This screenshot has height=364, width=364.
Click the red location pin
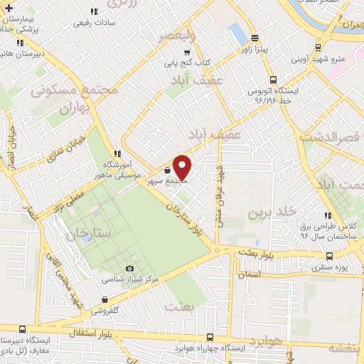tap(183, 167)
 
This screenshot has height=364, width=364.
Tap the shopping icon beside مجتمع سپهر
tap(167, 171)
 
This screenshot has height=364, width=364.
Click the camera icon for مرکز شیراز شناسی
tap(129, 268)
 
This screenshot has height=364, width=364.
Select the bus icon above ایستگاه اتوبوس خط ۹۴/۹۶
tap(274, 80)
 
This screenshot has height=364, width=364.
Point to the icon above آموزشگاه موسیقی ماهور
tap(117, 153)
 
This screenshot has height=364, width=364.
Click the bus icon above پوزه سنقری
tap(328, 256)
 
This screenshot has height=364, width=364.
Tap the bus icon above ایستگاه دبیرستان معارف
tap(22, 329)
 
